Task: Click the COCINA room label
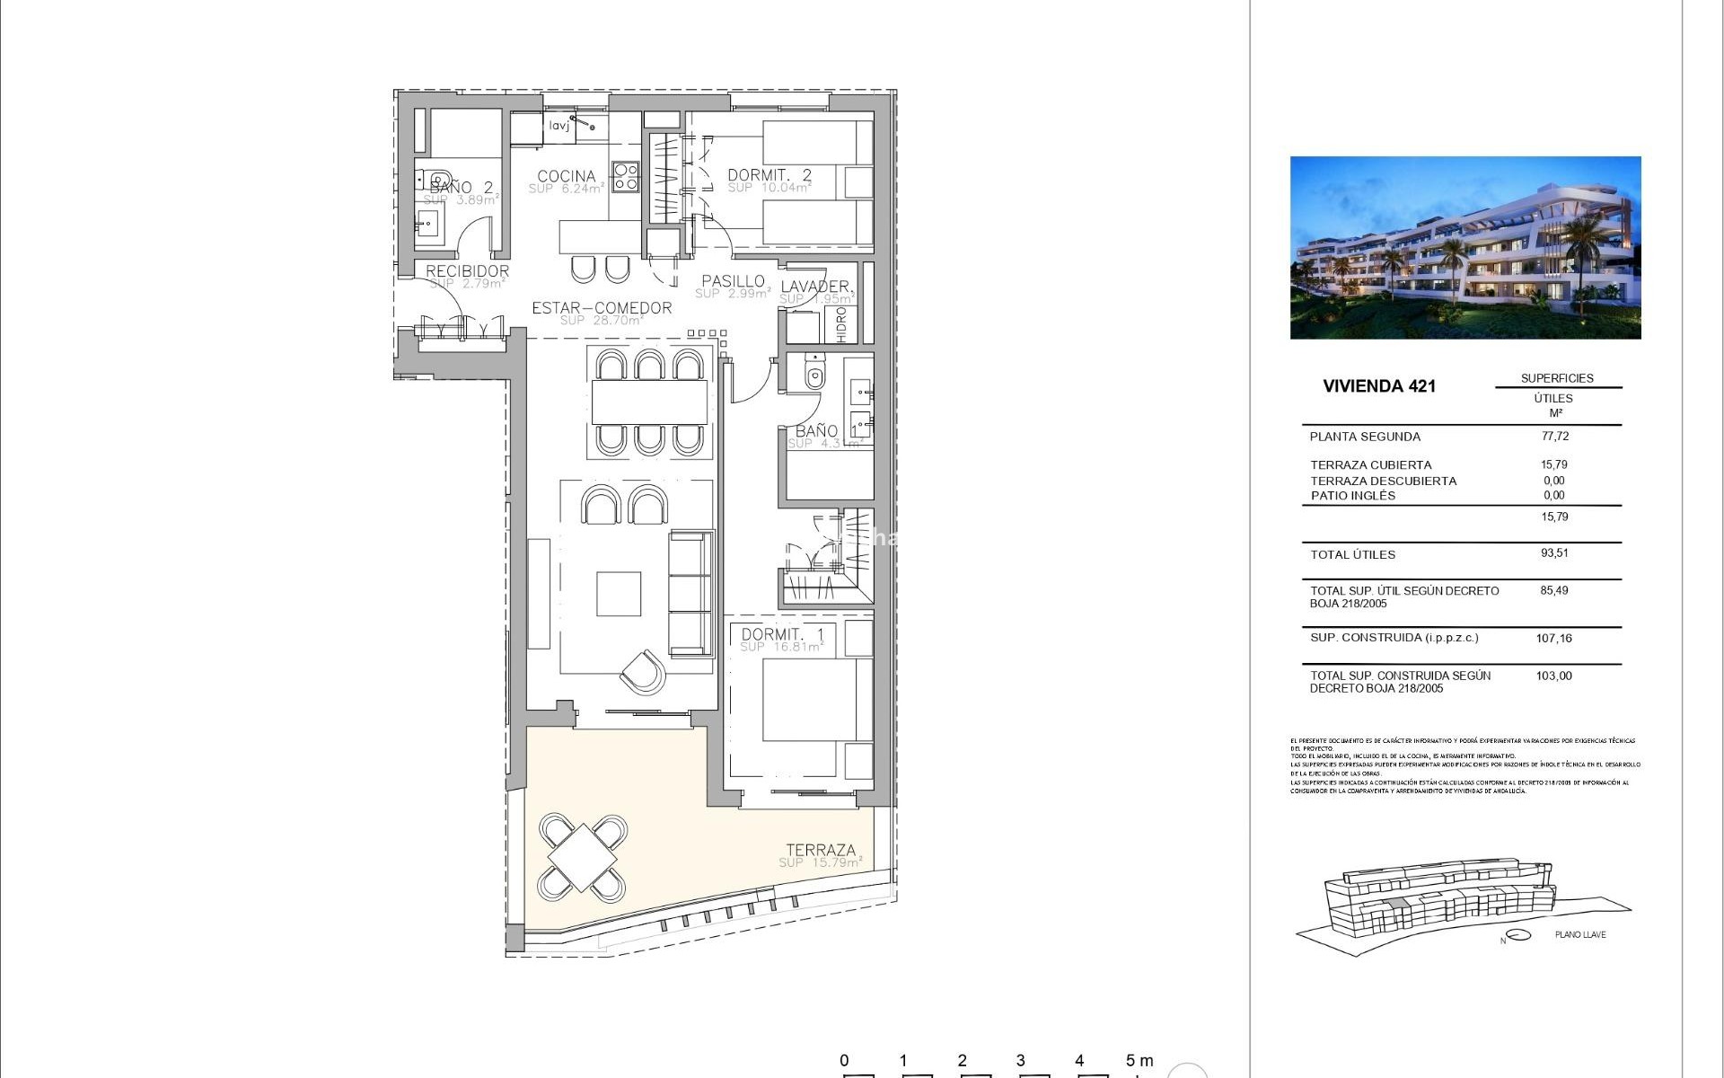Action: [x=566, y=176]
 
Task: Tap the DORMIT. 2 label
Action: [x=769, y=175]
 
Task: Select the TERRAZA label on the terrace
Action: [x=821, y=850]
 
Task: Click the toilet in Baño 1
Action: [x=814, y=373]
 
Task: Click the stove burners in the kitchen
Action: [x=625, y=176]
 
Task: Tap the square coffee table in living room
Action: [x=619, y=594]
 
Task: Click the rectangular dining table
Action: [x=649, y=402]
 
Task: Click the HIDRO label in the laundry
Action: [x=841, y=324]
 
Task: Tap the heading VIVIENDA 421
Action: [x=1379, y=386]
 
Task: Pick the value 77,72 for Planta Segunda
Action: [x=1554, y=436]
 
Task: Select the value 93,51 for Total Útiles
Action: [x=1554, y=553]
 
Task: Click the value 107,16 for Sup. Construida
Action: [x=1553, y=638]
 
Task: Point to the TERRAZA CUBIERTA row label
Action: [x=1370, y=464]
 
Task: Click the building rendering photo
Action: [x=1465, y=248]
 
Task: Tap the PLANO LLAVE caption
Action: [x=1579, y=934]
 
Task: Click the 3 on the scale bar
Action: [x=1020, y=1060]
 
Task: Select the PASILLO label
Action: [x=733, y=281]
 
